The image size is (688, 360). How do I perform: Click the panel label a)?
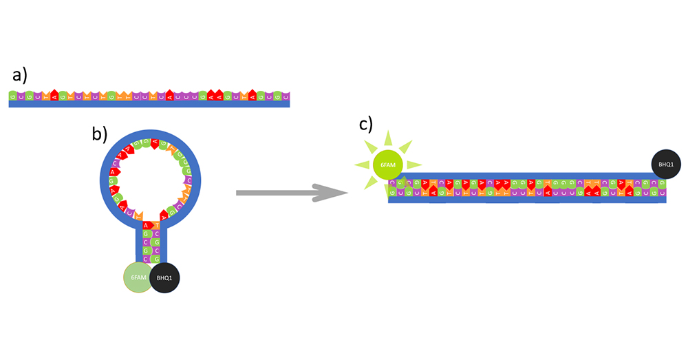click(19, 75)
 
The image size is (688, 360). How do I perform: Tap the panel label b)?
click(100, 134)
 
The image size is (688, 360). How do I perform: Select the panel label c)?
click(366, 124)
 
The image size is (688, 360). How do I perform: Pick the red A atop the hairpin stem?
click(146, 225)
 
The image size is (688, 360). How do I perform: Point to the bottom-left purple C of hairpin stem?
click(146, 259)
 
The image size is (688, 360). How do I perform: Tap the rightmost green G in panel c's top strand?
click(654, 184)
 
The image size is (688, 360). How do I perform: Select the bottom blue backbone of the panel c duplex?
click(526, 201)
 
